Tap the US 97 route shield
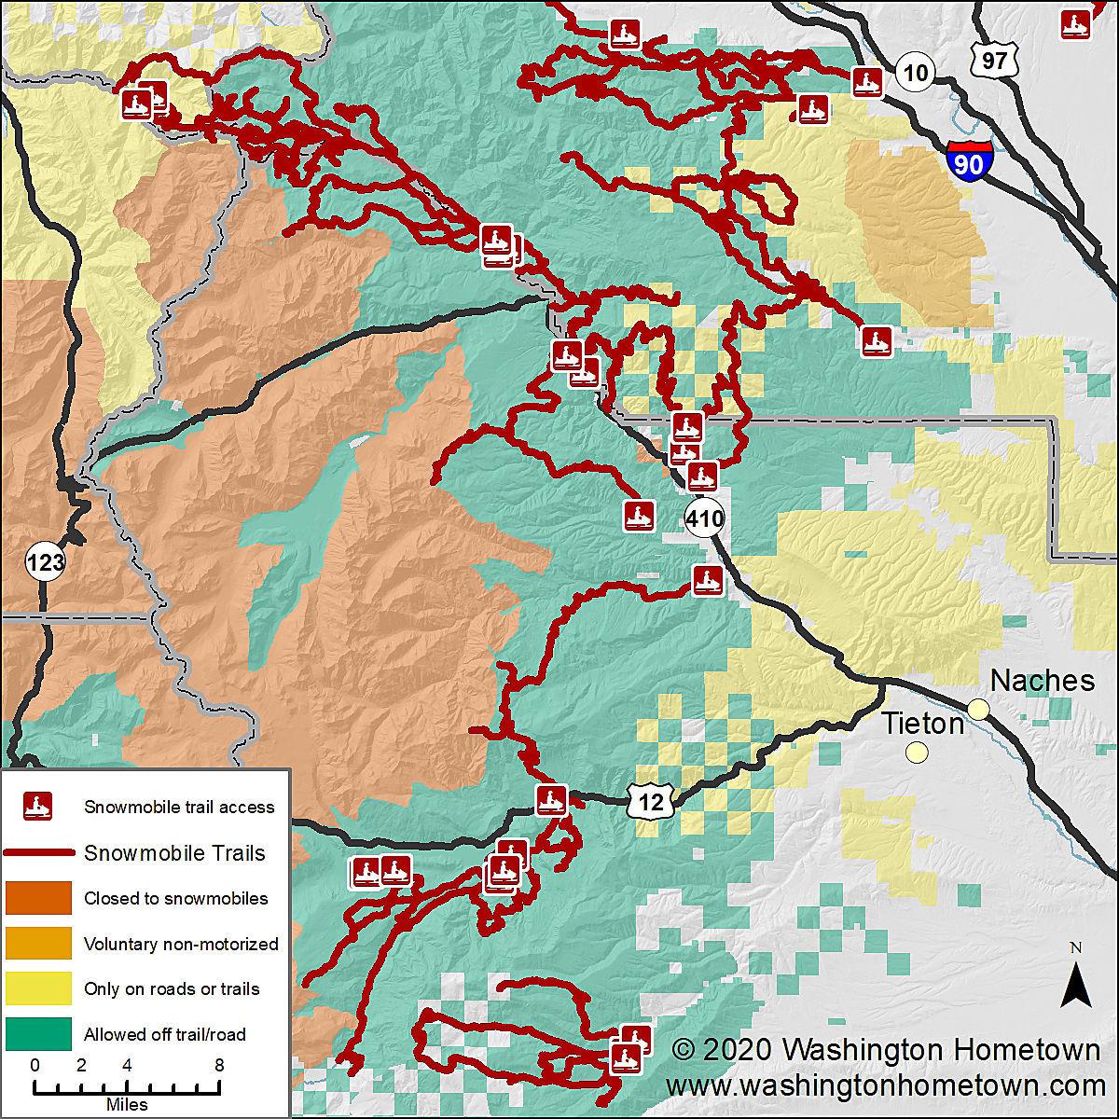coord(993,60)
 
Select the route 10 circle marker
coord(917,72)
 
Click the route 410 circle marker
coord(704,518)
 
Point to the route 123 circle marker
coord(45,562)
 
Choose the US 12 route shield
coord(650,801)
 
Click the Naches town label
coord(1042,680)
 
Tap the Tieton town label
coord(922,723)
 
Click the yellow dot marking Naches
coord(978,710)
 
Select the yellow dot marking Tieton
coord(918,752)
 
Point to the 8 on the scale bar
coord(218,1065)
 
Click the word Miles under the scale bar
coord(127,1105)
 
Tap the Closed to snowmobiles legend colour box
coord(38,898)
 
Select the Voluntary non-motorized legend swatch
coord(38,943)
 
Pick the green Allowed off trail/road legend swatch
coord(38,1033)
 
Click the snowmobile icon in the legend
coord(38,807)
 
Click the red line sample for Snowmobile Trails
coord(38,853)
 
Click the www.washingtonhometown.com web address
coord(885,1086)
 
